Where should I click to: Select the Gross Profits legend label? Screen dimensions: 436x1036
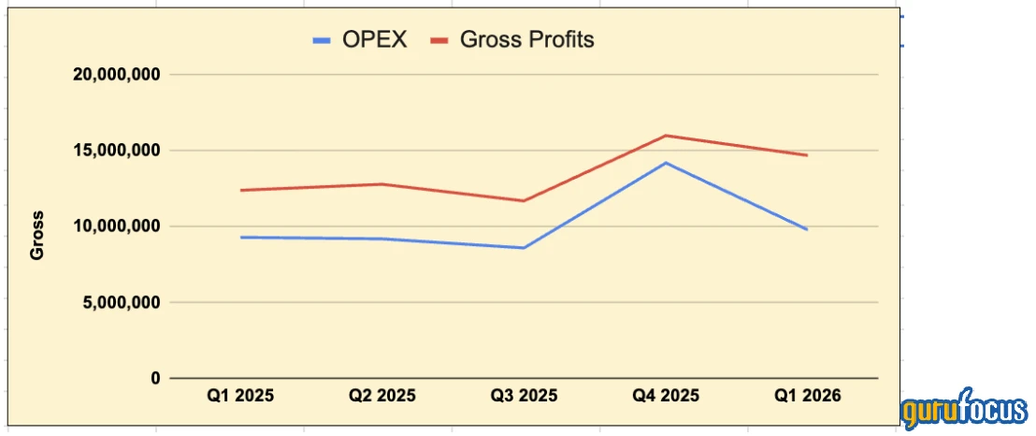point(527,40)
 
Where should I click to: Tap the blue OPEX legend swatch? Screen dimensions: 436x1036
point(323,41)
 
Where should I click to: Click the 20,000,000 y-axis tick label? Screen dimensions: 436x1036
point(117,74)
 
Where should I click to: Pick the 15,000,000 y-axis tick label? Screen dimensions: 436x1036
point(117,150)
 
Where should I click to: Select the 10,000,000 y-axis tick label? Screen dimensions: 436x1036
point(117,226)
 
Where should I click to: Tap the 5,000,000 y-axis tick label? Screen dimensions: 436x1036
point(122,302)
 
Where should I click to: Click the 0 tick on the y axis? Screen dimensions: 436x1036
point(155,378)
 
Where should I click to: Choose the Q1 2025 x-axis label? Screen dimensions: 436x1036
point(240,396)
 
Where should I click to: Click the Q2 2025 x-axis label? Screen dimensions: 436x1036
point(381,396)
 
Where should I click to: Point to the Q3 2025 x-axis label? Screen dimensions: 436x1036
point(524,396)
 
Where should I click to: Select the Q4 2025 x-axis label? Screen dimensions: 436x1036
point(666,396)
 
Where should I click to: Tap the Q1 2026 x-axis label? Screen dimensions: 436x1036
point(807,396)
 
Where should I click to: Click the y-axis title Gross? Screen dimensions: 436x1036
point(38,241)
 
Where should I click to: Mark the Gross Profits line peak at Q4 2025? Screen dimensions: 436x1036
point(666,136)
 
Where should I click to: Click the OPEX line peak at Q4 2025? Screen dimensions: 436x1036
point(666,163)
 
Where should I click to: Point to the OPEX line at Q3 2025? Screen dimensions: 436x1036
point(524,248)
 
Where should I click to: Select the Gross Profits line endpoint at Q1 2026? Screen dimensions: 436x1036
point(807,155)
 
